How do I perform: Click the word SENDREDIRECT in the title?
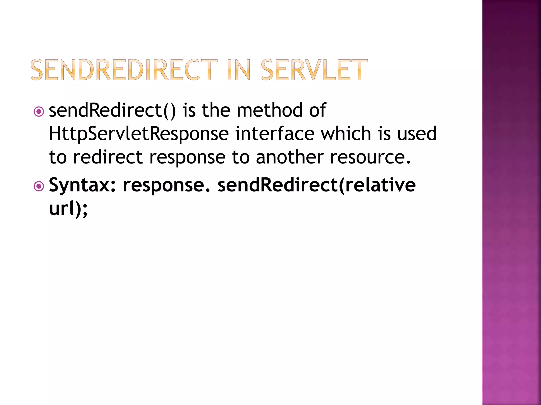pos(124,70)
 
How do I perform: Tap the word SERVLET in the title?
pos(314,70)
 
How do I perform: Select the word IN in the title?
pos(239,70)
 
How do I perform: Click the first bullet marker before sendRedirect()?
pos(39,112)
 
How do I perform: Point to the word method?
pos(269,110)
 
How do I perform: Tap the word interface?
pos(275,134)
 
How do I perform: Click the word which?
pos(346,134)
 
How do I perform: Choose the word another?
pos(290,157)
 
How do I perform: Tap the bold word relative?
pos(380,185)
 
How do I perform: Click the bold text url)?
pos(68,209)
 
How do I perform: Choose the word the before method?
pos(216,110)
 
